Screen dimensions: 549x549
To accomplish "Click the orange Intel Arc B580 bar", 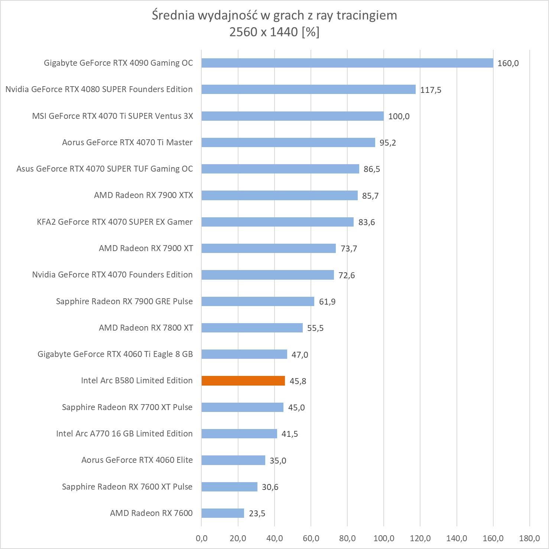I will (243, 381).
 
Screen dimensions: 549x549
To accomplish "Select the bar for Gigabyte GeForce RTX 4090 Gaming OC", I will (347, 63).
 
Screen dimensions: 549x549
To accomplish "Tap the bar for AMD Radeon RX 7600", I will (223, 513).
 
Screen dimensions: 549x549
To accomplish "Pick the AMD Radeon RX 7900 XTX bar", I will (279, 195).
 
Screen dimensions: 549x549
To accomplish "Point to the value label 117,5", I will (431, 90).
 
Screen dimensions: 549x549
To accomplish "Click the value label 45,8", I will (298, 381).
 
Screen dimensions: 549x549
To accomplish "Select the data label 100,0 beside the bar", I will (399, 116).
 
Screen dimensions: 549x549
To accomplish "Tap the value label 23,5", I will (257, 514).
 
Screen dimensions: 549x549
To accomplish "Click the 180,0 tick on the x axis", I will (529, 538).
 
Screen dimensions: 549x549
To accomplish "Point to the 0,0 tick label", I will (201, 538).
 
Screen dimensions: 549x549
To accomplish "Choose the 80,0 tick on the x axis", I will (347, 538).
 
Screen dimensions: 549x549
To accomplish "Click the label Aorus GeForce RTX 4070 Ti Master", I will (127, 142).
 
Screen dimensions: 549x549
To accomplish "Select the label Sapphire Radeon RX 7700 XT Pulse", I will (127, 407).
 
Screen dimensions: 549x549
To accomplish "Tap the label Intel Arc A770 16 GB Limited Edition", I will (124, 433).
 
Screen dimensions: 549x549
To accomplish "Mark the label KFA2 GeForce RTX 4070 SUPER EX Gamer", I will (115, 222).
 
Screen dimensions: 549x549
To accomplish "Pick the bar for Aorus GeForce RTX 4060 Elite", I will (233, 460).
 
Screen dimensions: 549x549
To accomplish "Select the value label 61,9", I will (327, 302).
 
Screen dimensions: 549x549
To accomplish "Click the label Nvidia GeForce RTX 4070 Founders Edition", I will (113, 274).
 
